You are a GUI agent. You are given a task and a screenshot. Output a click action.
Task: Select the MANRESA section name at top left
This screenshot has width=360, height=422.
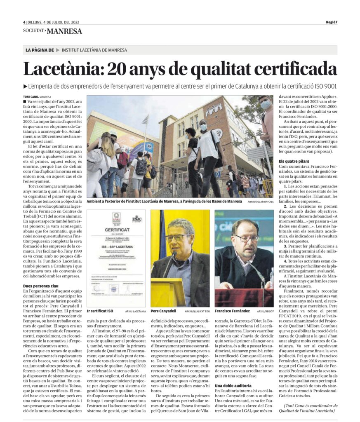tap(64, 31)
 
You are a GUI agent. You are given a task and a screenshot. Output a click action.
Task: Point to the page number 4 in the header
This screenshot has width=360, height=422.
tap(24, 22)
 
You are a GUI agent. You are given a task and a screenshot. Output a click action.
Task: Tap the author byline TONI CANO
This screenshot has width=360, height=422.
tap(32, 96)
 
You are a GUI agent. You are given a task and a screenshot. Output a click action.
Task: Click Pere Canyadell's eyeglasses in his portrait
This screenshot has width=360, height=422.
tap(178, 237)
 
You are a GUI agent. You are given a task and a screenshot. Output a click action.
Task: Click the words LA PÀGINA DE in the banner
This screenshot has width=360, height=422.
tap(40, 50)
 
